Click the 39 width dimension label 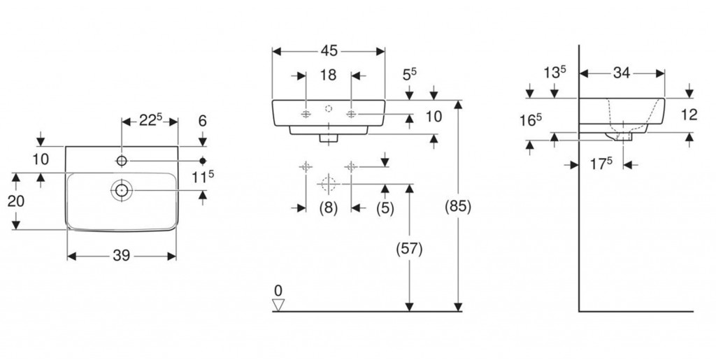pyautogui.click(x=122, y=257)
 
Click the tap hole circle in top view pyautogui.click(x=122, y=161)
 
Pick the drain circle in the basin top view pyautogui.click(x=122, y=189)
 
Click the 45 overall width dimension pyautogui.click(x=329, y=50)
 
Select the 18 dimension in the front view pyautogui.click(x=329, y=75)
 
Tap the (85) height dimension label pyautogui.click(x=458, y=207)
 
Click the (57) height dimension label pyautogui.click(x=410, y=248)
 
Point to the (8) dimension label pyautogui.click(x=329, y=208)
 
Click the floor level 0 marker pyautogui.click(x=278, y=290)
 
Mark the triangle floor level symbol pyautogui.click(x=279, y=304)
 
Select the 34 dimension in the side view pyautogui.click(x=622, y=72)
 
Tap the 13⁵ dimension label pyautogui.click(x=554, y=72)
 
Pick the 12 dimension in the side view pyautogui.click(x=689, y=115)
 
